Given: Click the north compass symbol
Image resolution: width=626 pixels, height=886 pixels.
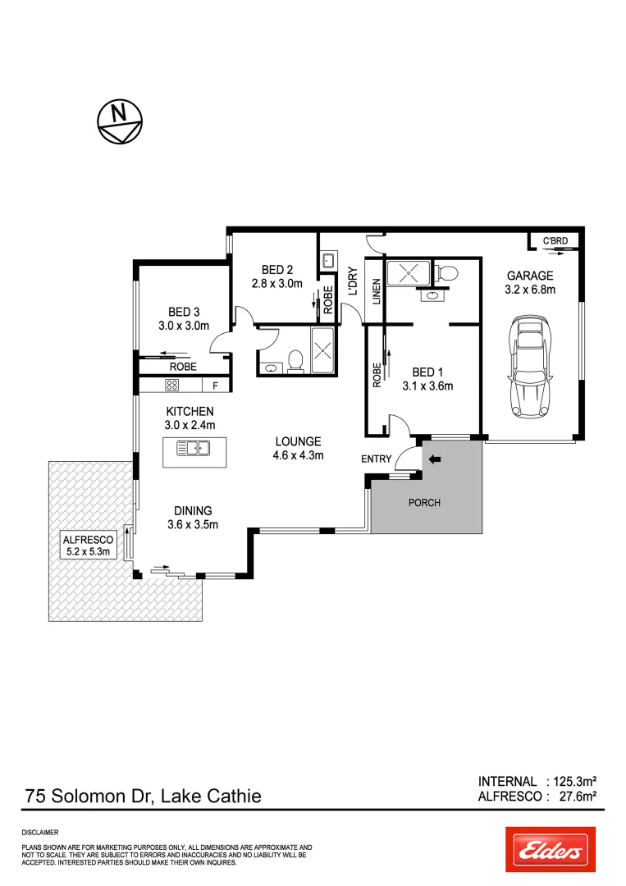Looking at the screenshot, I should point(120,121).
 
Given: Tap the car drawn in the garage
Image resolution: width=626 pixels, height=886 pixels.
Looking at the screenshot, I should point(529,367).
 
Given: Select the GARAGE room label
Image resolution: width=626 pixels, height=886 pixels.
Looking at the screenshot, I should point(529,276).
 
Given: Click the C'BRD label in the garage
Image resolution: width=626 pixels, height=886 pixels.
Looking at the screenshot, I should point(555,241).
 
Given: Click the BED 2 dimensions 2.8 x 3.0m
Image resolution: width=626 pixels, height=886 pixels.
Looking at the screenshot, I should point(277,284).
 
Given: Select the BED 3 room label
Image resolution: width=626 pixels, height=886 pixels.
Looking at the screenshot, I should point(184,312).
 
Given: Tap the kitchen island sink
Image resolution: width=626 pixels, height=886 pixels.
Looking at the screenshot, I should point(195,448).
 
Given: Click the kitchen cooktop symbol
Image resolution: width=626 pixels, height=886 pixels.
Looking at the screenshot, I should point(172,385).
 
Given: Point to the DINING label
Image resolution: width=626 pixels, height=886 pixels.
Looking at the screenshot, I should point(192,511).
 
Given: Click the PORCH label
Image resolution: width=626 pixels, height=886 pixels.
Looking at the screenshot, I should point(424,502).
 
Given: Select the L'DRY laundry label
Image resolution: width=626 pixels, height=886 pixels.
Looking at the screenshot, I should point(352,281).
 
